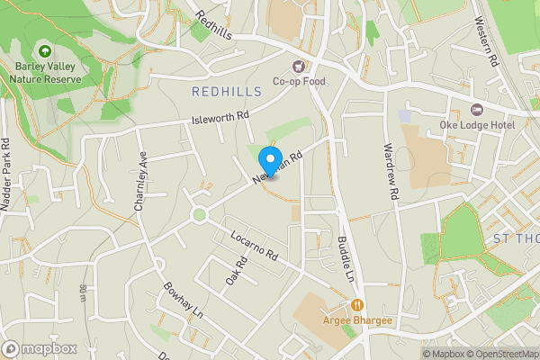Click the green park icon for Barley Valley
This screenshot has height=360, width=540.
[46, 52]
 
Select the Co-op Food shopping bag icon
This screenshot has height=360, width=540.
[298, 66]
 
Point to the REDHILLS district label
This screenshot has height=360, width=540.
[227, 92]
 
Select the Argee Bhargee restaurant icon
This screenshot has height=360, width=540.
[357, 305]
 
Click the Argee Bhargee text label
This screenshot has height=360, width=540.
[357, 320]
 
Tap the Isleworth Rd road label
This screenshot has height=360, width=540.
[220, 117]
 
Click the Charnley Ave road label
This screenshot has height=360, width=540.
[139, 180]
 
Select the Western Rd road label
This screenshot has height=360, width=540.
[487, 45]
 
